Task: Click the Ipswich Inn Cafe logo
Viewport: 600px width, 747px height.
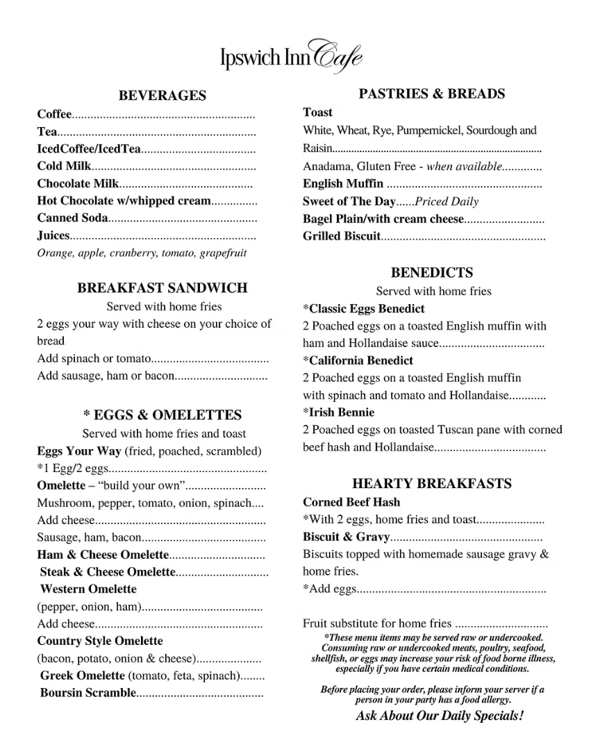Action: (x=291, y=54)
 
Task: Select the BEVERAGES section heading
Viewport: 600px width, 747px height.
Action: (x=162, y=96)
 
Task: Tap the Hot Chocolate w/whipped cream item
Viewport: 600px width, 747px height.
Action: (x=124, y=201)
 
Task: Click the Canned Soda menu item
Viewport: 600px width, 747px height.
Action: (x=72, y=218)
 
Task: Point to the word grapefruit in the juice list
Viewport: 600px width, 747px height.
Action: (x=223, y=253)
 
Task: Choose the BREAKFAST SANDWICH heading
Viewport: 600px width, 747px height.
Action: (x=162, y=288)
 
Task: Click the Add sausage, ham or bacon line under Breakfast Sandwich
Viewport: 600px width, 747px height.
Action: (x=104, y=376)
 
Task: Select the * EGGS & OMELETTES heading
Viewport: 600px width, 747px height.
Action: (x=162, y=415)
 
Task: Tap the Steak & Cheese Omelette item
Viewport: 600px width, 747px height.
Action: (x=108, y=572)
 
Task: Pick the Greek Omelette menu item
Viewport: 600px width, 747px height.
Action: (x=82, y=675)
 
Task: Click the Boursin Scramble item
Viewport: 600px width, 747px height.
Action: (x=87, y=693)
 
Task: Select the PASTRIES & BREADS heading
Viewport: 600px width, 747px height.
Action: (x=431, y=94)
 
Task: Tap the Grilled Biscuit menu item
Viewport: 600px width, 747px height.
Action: (x=342, y=236)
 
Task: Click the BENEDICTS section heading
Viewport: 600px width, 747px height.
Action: (x=431, y=273)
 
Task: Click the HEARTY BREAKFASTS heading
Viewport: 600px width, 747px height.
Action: (x=431, y=484)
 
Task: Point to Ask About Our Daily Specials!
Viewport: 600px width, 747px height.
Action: (x=440, y=716)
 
